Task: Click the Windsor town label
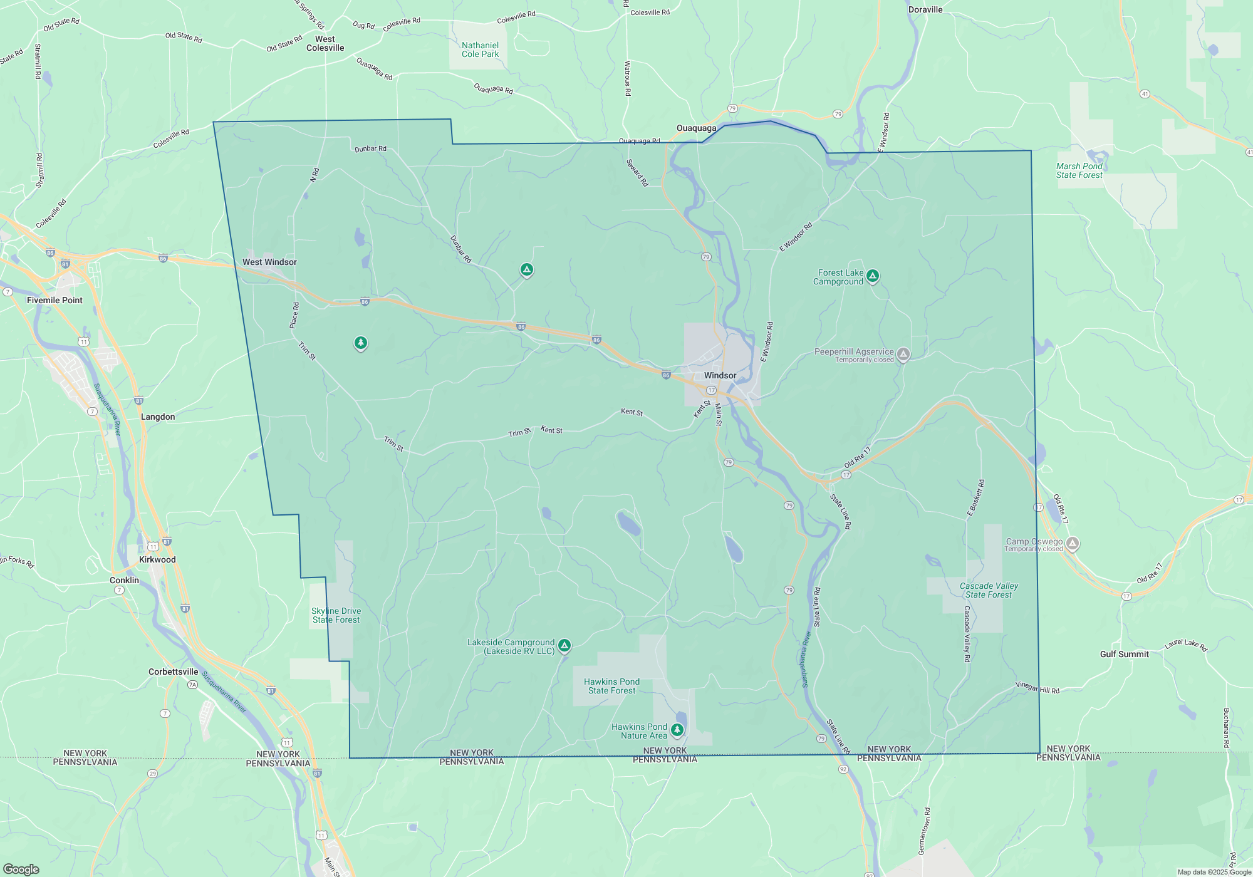[x=720, y=375]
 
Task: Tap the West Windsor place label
[x=269, y=262]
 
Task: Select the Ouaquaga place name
[x=696, y=128]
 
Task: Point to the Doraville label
[x=925, y=9]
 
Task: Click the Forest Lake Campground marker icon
[x=872, y=276]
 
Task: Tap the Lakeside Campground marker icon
[x=564, y=645]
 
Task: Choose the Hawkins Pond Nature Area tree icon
[x=677, y=730]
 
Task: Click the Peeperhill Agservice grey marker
[x=903, y=355]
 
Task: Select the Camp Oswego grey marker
[x=1073, y=544]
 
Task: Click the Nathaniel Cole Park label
[x=480, y=49]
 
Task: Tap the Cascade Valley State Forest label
[x=989, y=590]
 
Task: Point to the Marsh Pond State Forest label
[x=1079, y=170]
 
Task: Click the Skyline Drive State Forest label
[x=336, y=615]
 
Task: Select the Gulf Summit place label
[x=1125, y=654]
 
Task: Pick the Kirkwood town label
[x=157, y=559]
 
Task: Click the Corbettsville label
[x=173, y=672]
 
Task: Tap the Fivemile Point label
[x=55, y=300]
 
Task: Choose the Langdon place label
[x=158, y=417]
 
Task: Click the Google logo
[x=21, y=869]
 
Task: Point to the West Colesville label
[x=325, y=43]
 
